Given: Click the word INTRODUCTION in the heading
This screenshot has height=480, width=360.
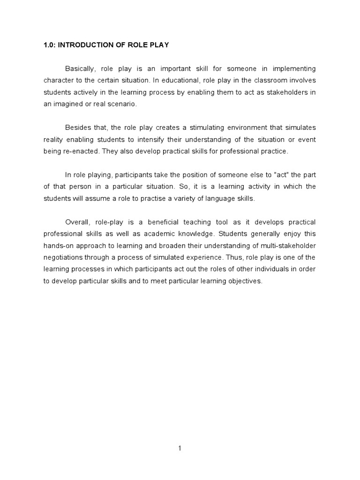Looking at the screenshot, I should (x=82, y=45).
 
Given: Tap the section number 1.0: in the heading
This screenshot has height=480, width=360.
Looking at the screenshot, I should (x=50, y=45).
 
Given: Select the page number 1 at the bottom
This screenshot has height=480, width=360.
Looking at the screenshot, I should (x=180, y=448).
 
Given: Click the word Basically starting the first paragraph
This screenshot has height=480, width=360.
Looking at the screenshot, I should (x=81, y=68).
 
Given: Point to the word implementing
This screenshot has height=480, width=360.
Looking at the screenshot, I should (x=294, y=68).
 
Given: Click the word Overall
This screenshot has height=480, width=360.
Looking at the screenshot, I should (x=78, y=222).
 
